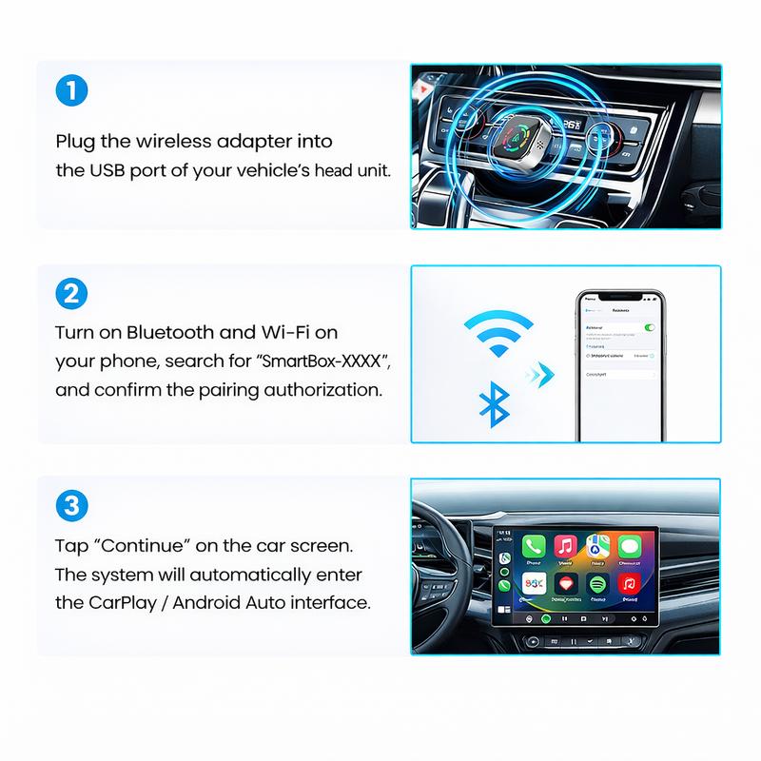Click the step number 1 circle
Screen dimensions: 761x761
72,93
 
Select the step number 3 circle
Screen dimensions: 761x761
72,505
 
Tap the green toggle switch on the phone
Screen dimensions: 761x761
650,327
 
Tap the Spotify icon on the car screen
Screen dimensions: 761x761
597,583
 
